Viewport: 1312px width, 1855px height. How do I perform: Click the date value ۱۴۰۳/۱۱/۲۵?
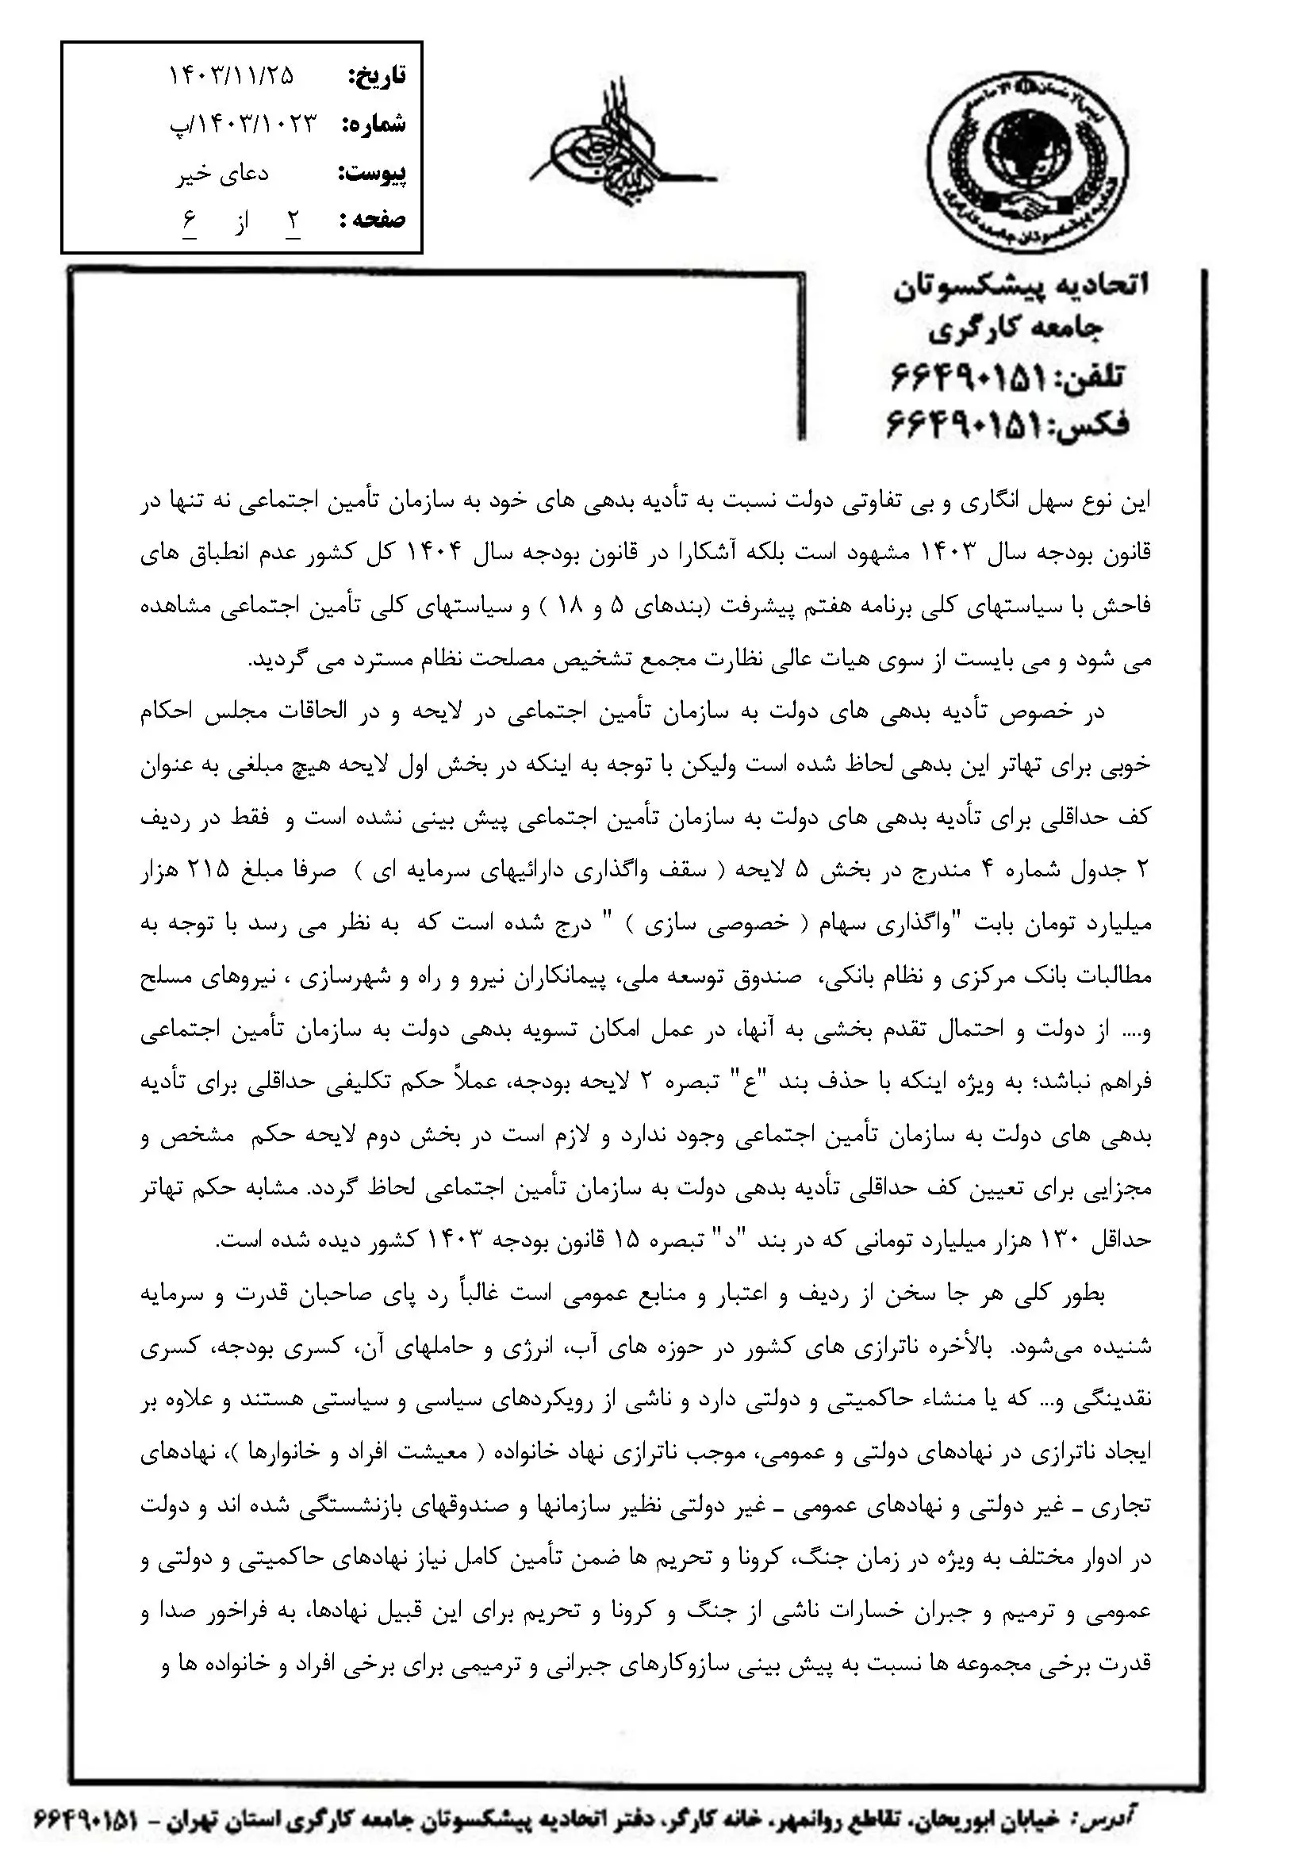pyautogui.click(x=232, y=76)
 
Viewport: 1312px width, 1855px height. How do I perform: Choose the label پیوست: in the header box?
pyautogui.click(x=371, y=174)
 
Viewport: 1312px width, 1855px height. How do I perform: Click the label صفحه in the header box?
pyautogui.click(x=374, y=220)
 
